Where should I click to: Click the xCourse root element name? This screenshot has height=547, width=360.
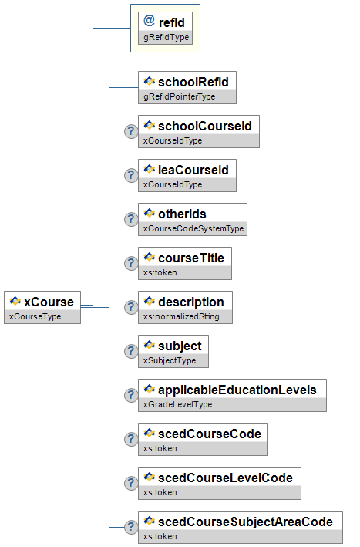(49, 302)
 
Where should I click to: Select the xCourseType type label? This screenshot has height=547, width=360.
(35, 316)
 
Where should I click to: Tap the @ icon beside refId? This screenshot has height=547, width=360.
(149, 21)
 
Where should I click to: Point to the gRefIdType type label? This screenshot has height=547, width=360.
(167, 37)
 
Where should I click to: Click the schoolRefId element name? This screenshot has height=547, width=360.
(193, 82)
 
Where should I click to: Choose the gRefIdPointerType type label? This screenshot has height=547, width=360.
(179, 96)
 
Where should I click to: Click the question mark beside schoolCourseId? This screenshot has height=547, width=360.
(131, 131)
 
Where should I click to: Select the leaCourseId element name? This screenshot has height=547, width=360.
(193, 170)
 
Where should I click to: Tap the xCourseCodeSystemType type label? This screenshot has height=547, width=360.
(193, 228)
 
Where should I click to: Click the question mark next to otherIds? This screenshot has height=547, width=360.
(131, 219)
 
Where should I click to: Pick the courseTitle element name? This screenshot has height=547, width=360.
(191, 258)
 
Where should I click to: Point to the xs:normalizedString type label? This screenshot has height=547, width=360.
(181, 316)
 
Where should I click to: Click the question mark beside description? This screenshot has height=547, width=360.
(131, 307)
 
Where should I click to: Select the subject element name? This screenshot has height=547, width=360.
(180, 346)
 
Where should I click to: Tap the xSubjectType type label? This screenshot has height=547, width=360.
(170, 360)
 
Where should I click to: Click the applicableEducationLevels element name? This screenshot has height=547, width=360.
(237, 390)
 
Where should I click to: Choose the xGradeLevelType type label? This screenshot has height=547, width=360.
(177, 404)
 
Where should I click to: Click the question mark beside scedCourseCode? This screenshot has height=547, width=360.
(131, 439)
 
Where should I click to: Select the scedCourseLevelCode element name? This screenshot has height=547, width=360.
(225, 478)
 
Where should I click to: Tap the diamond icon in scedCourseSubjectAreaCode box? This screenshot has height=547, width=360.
(149, 521)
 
